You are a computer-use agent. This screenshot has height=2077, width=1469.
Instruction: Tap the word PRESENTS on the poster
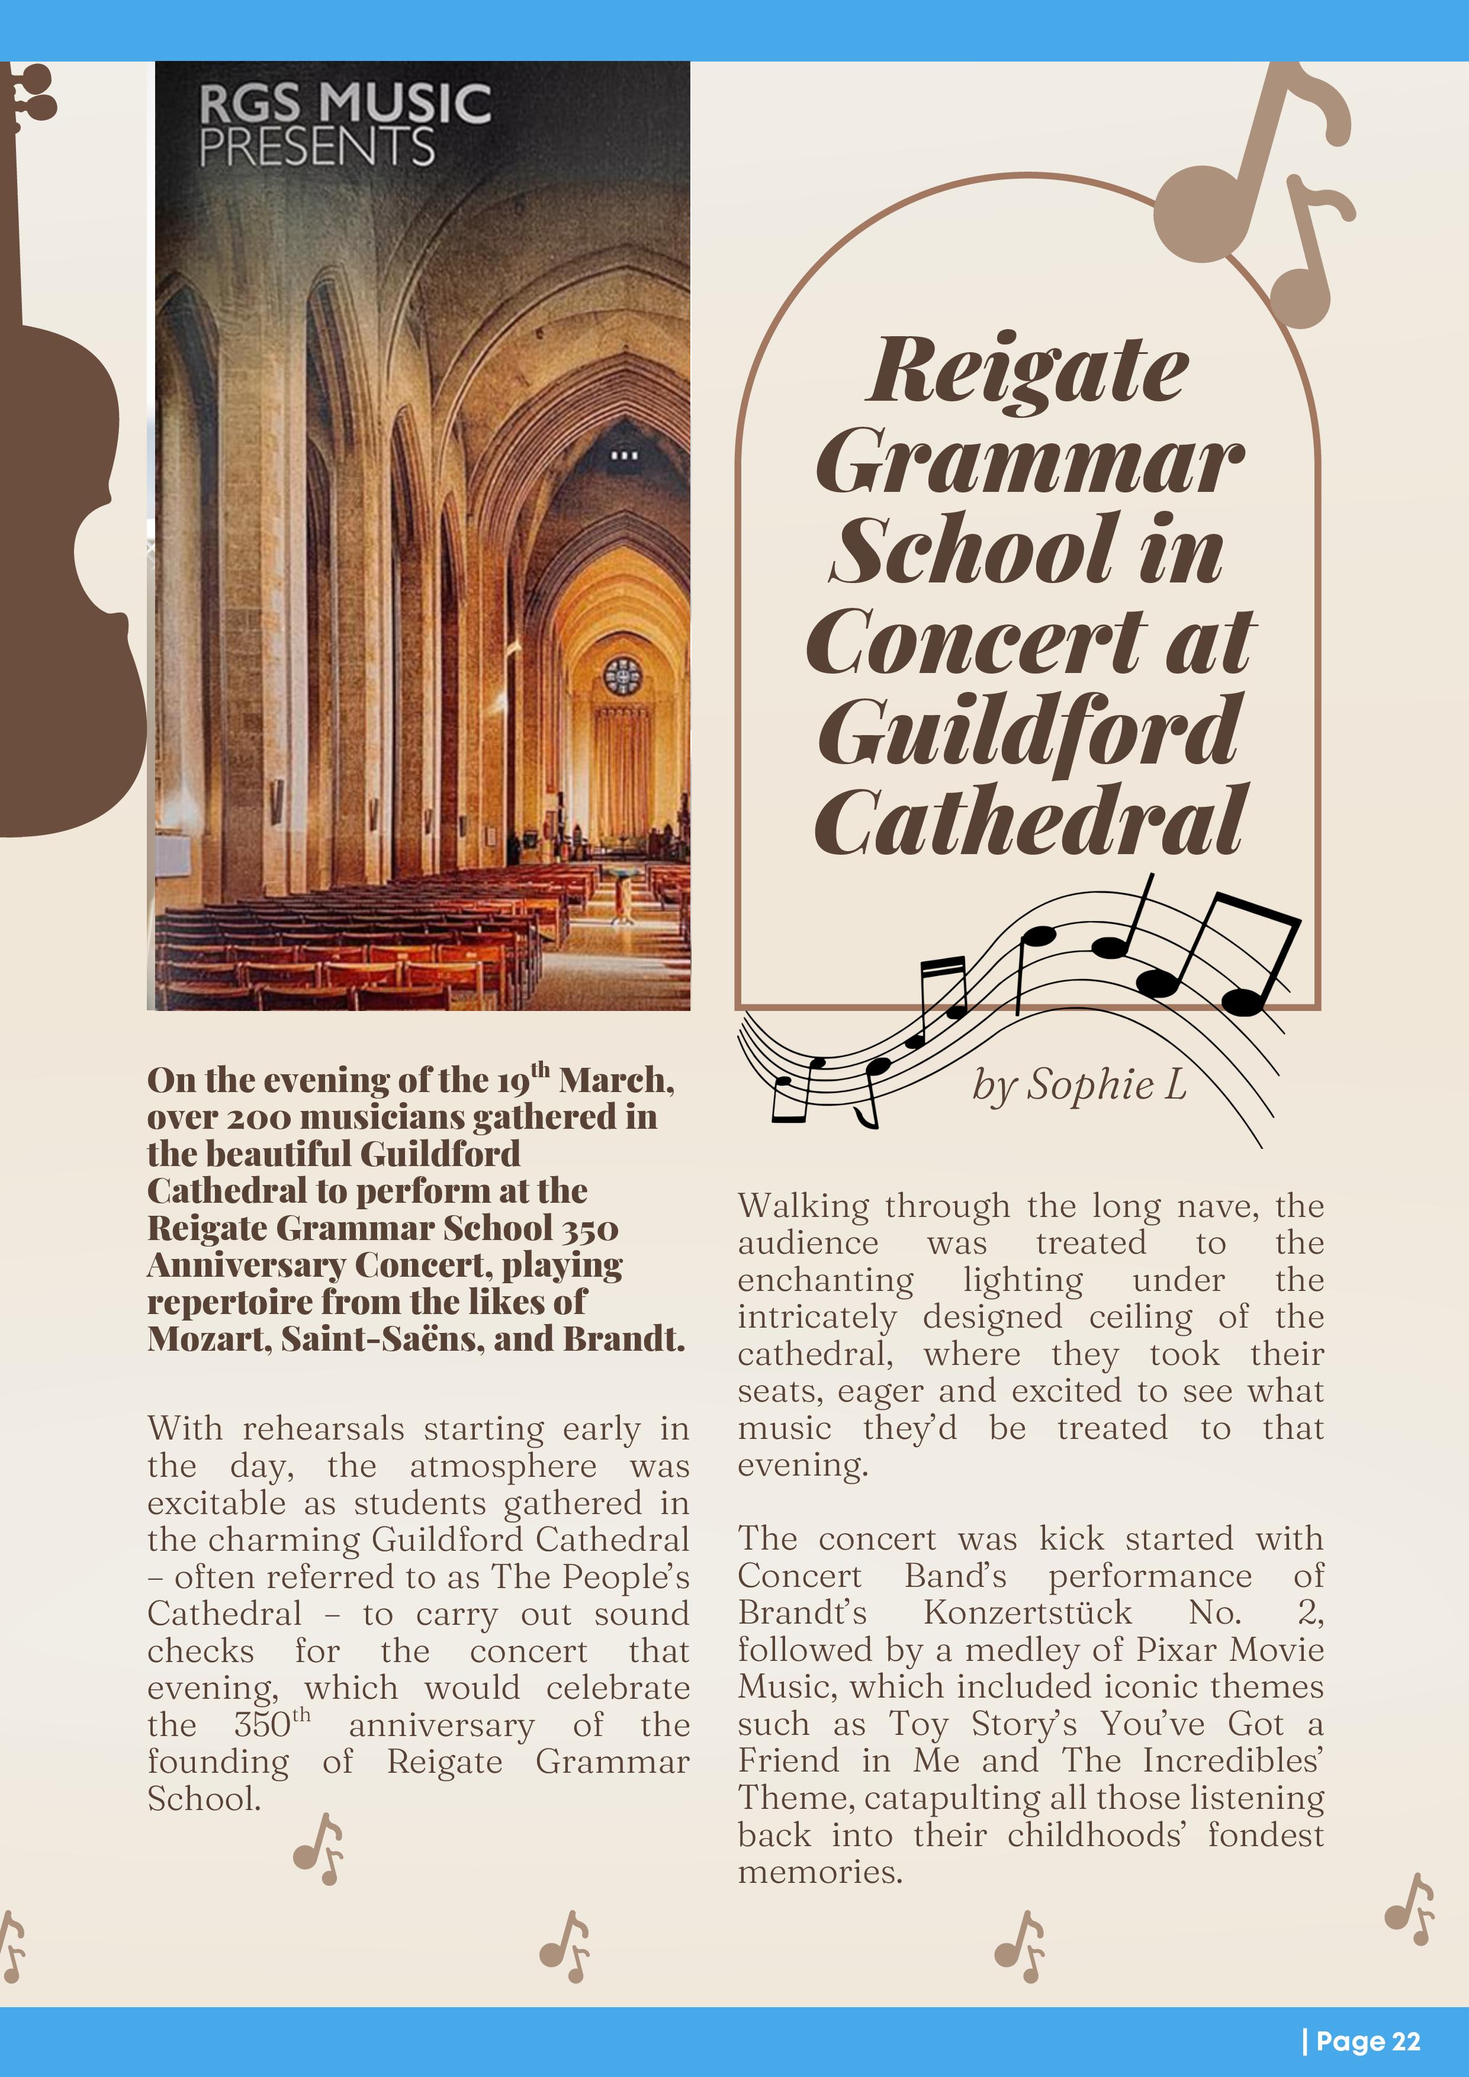(x=317, y=147)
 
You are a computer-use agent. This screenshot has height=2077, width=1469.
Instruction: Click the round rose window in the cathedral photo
(x=623, y=676)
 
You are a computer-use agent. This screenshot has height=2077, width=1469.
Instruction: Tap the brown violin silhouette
(x=54, y=543)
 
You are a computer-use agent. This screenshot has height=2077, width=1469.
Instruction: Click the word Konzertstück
(x=1027, y=1612)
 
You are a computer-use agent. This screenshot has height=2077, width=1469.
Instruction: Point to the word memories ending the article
(x=818, y=1872)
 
